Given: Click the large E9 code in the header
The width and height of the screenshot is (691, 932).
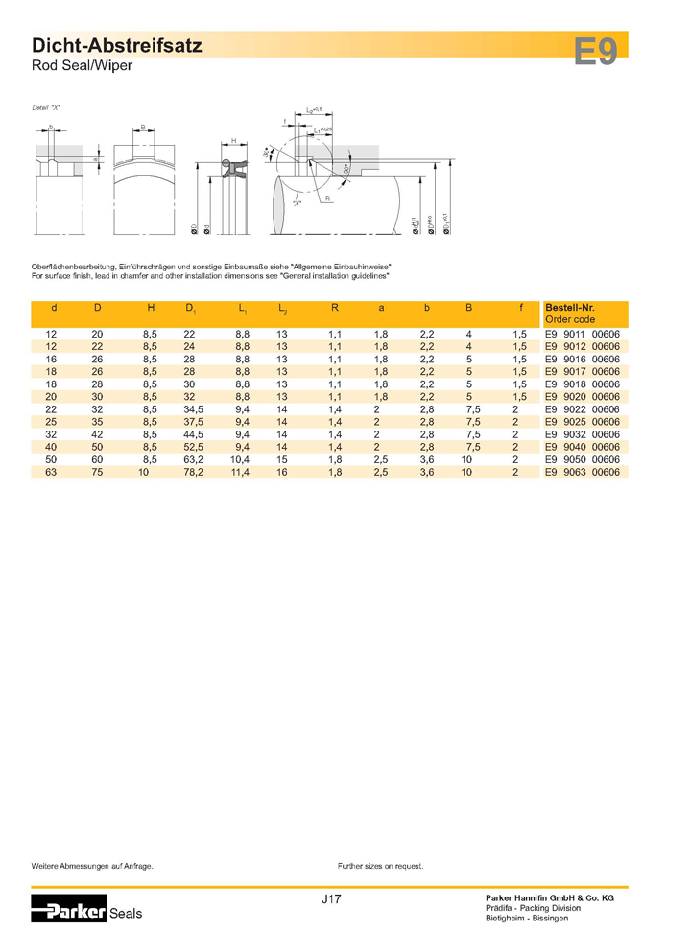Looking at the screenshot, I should pyautogui.click(x=597, y=51).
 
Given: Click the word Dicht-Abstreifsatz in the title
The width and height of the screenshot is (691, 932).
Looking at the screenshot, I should pyautogui.click(x=117, y=46).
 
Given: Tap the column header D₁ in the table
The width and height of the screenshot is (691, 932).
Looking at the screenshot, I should pyautogui.click(x=190, y=309).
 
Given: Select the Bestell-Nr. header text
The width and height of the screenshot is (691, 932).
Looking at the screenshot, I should pyautogui.click(x=569, y=308).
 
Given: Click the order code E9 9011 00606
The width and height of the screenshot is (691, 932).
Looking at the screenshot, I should pyautogui.click(x=582, y=332).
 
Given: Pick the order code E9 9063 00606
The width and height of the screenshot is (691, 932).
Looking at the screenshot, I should pyautogui.click(x=582, y=473).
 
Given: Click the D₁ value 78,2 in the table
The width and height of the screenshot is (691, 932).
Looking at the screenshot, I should pyautogui.click(x=194, y=473).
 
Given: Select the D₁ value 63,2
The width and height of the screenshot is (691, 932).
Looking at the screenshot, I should pyautogui.click(x=194, y=460).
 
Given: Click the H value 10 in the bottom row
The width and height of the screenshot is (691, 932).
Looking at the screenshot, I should pyautogui.click(x=144, y=473).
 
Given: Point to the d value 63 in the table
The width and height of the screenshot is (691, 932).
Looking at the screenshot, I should pyautogui.click(x=52, y=473).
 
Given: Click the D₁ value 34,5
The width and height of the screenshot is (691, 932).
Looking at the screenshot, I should pyautogui.click(x=194, y=408).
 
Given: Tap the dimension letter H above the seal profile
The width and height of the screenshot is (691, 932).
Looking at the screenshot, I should pyautogui.click(x=233, y=141).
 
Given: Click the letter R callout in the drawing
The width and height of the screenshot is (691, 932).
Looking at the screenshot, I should pyautogui.click(x=327, y=198).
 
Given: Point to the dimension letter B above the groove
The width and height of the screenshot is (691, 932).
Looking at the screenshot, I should pyautogui.click(x=143, y=127).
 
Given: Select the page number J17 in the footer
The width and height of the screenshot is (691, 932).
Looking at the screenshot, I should pyautogui.click(x=332, y=898).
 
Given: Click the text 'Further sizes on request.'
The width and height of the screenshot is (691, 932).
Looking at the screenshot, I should pyautogui.click(x=381, y=865).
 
